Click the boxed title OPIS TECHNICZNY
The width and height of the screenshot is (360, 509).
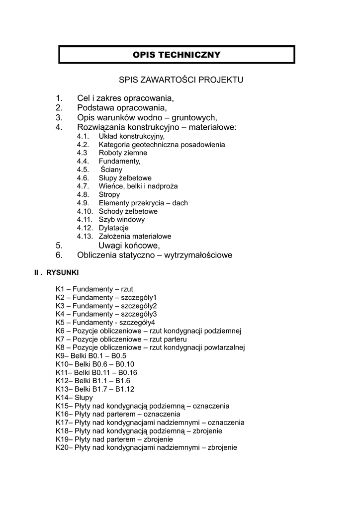177,55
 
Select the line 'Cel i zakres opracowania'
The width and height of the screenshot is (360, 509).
125,98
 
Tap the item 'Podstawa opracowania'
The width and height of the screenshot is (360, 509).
122,108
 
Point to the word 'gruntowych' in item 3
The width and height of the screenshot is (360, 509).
194,118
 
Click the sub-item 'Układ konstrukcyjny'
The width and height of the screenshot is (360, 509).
131,136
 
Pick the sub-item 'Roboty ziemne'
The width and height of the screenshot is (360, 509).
123,153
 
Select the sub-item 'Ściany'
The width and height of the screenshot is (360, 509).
111,170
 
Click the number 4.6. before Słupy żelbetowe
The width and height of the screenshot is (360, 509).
83,178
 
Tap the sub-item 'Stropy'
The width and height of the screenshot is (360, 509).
109,195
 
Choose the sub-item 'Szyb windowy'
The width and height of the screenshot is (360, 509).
122,220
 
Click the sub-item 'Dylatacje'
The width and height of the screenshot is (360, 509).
114,228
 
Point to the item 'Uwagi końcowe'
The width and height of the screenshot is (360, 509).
129,246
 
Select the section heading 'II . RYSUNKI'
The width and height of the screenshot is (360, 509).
56,273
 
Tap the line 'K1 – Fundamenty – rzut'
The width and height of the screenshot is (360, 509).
94,289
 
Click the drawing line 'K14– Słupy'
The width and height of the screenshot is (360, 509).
75,398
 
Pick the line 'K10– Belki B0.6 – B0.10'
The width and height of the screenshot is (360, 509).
92,364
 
